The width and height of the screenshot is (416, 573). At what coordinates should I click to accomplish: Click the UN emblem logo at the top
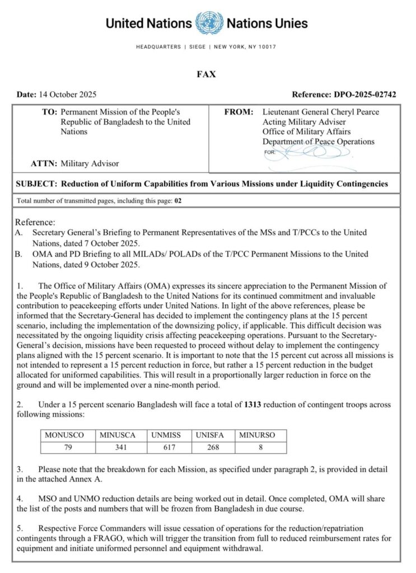(x=209, y=24)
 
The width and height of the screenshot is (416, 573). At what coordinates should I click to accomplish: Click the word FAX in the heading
(x=207, y=74)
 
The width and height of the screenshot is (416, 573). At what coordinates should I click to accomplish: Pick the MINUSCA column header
(x=118, y=435)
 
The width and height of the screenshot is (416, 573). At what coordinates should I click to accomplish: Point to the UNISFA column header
(x=212, y=435)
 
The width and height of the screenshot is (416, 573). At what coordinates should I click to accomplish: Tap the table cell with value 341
(x=118, y=447)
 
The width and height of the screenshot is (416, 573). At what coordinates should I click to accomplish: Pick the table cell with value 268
(x=212, y=447)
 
